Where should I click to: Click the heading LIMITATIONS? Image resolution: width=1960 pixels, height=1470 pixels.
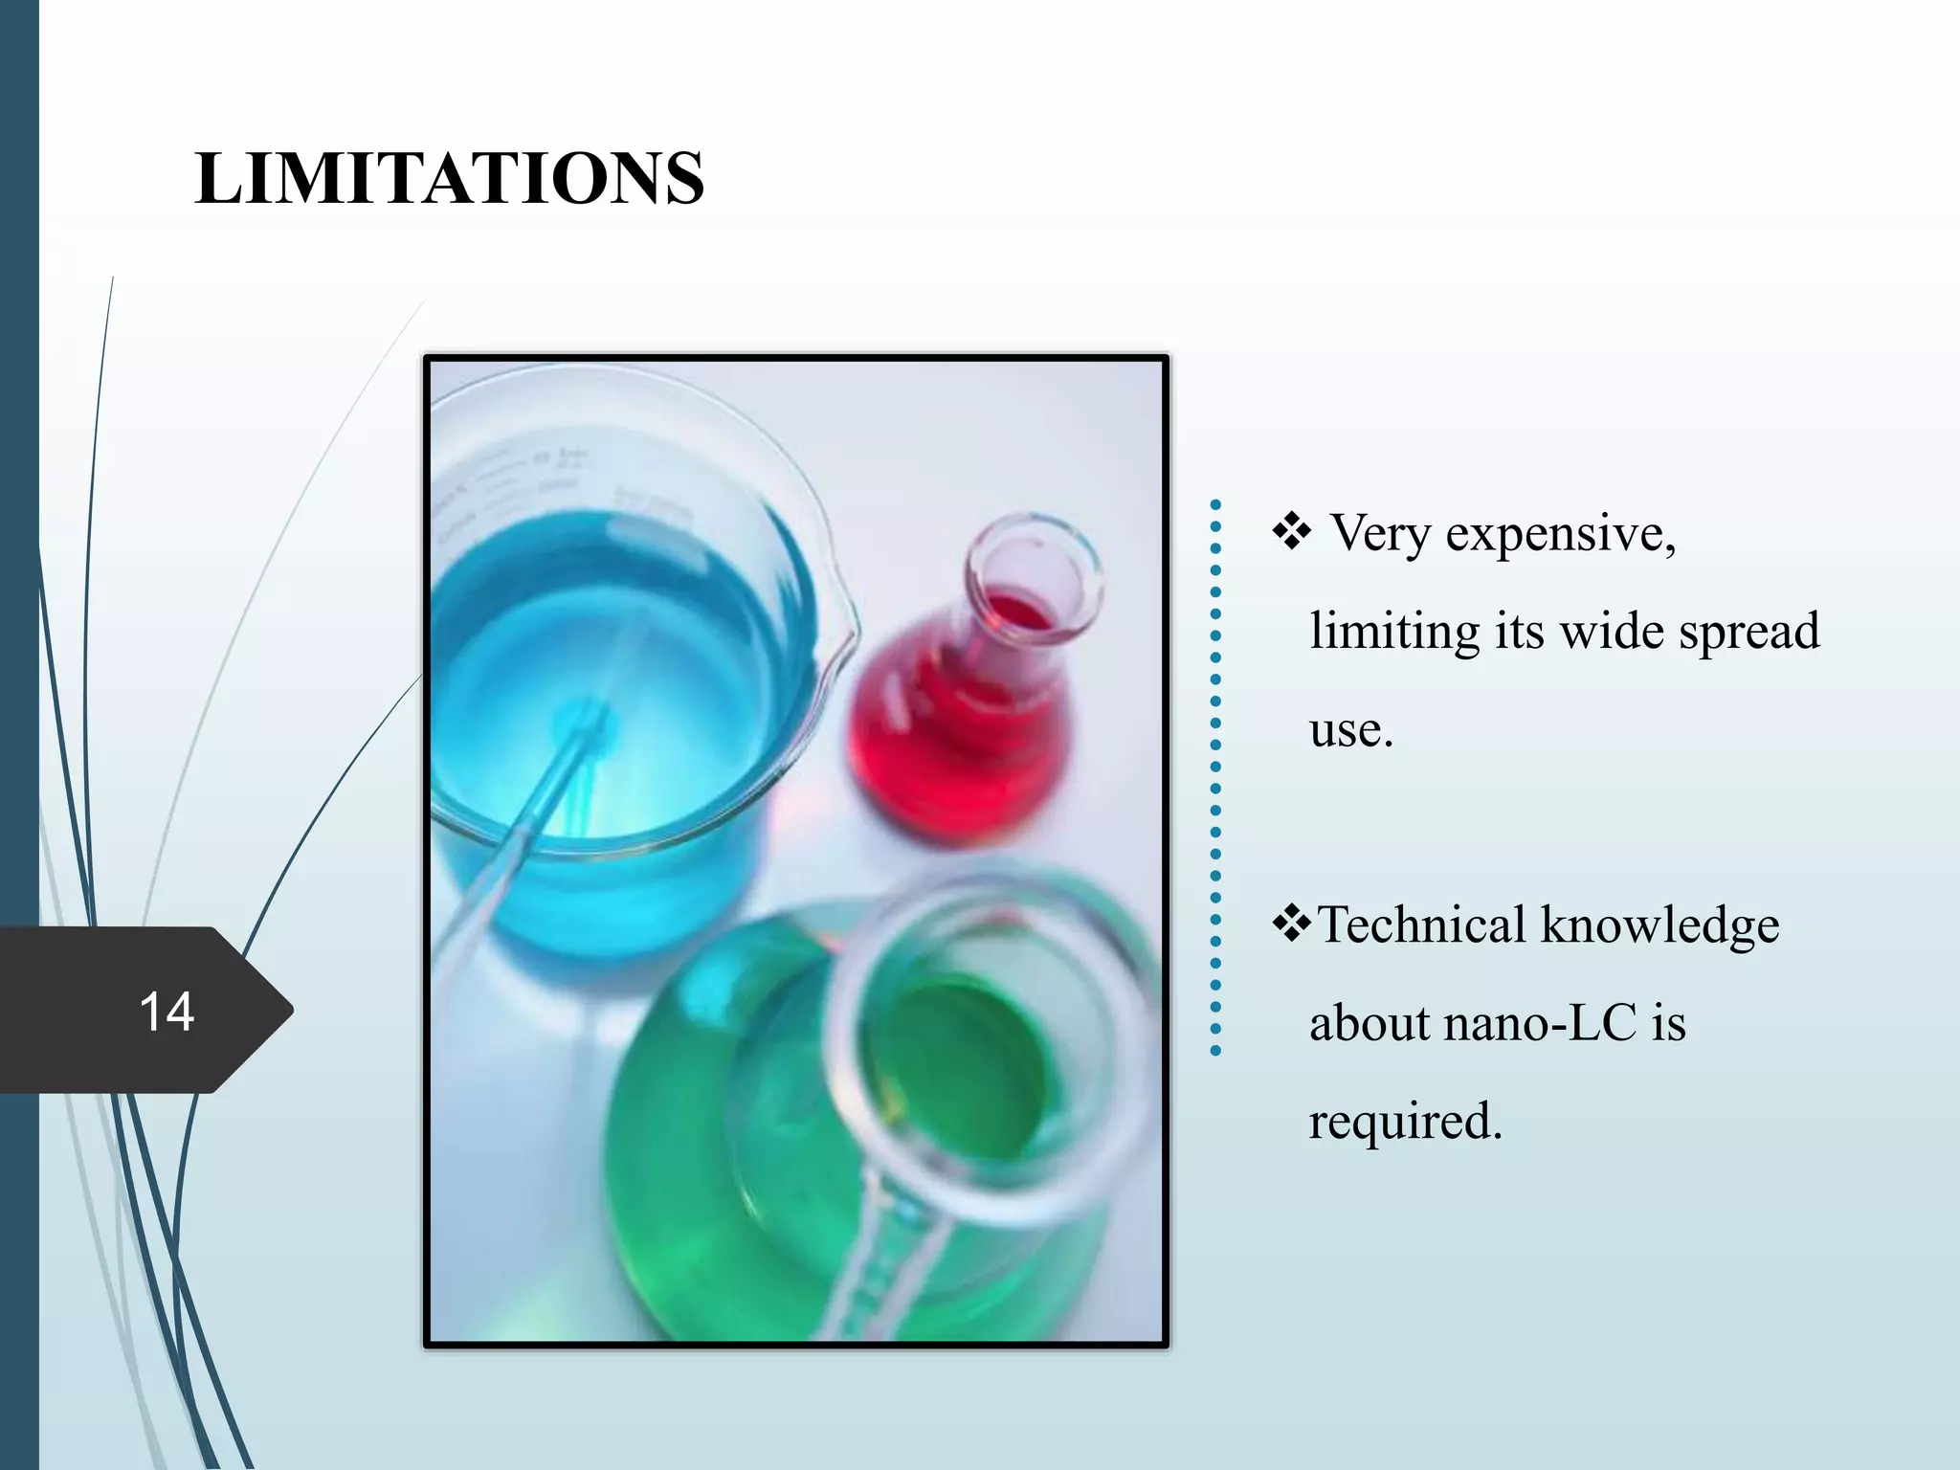[449, 178]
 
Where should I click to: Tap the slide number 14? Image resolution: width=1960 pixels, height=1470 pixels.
[167, 1012]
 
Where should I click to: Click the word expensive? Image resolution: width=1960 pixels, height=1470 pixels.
[1560, 533]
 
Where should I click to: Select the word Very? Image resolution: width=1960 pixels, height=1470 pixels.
[1379, 533]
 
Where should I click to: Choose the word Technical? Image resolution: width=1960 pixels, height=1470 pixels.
[1421, 925]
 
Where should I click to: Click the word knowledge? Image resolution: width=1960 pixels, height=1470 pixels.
[1660, 925]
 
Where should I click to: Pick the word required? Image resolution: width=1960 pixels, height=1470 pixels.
[1404, 1122]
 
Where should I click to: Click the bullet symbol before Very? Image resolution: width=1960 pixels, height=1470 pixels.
[1291, 532]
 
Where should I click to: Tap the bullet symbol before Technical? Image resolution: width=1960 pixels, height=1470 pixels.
[1291, 924]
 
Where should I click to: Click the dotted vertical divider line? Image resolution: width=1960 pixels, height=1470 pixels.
[1215, 776]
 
